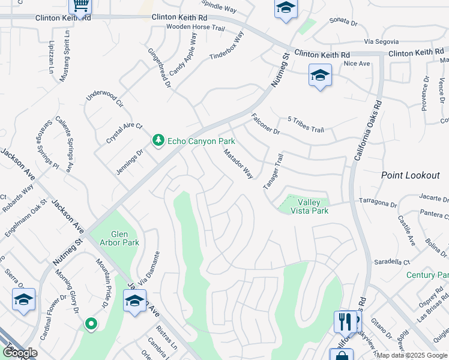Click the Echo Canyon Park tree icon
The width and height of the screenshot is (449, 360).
[x=158, y=140]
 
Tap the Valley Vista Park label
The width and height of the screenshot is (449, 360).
[x=309, y=206]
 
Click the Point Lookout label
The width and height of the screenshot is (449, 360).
[x=411, y=175]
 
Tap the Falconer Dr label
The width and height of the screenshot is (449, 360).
[x=265, y=123]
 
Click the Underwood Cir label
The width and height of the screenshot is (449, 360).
[x=104, y=100]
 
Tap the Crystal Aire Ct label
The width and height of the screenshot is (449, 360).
[x=124, y=132]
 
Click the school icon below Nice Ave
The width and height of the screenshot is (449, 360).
[x=320, y=76]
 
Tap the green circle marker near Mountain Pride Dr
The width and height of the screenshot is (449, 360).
[x=91, y=324]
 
